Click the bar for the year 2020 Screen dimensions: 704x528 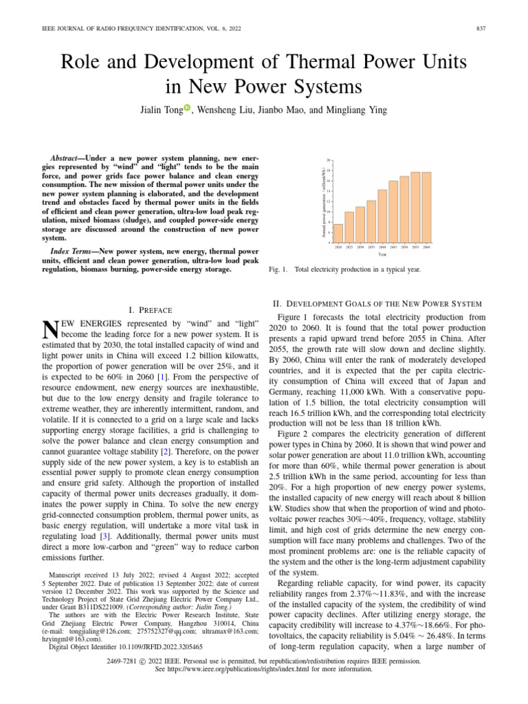point(338,233)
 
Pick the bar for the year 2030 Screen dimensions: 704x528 point(360,224)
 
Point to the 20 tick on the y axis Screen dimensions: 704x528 point(329,160)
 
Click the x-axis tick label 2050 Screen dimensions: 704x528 point(404,246)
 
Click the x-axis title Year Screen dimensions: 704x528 point(382,253)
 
